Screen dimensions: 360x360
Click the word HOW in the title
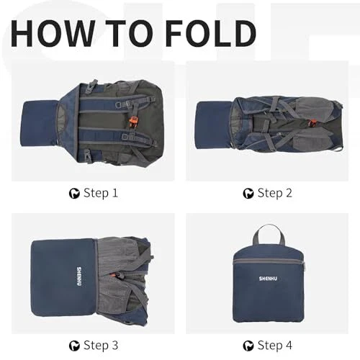pos(53,33)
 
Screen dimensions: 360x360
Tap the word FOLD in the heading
pos(211,33)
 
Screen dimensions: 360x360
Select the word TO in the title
pos(129,33)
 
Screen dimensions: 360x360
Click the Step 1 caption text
pos(101,193)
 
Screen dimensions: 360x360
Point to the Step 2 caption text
pos(275,193)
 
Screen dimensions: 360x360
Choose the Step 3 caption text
pos(101,346)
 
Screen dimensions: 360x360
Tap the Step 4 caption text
pos(275,346)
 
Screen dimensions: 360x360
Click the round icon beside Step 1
pos(74,194)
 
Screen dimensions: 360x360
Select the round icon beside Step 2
pos(248,194)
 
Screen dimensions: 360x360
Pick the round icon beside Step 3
pos(74,346)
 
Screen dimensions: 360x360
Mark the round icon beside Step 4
pos(248,346)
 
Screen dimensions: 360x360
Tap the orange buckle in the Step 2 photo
pos(312,123)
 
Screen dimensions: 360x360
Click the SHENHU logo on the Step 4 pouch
pos(268,279)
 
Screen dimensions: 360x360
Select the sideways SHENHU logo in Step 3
pos(79,276)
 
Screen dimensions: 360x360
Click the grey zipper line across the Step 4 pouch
pos(269,261)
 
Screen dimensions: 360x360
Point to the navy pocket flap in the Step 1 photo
pos(40,124)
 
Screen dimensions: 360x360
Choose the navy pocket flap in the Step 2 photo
pos(214,125)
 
